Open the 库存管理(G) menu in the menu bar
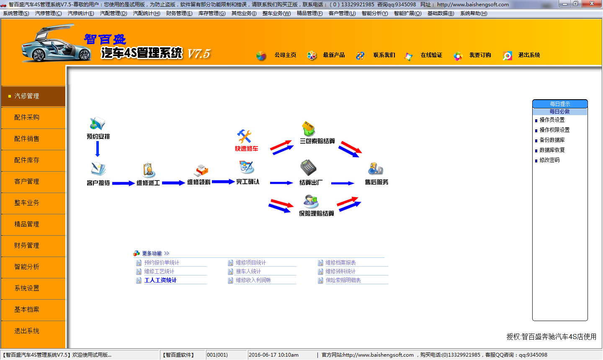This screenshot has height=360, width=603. point(212,13)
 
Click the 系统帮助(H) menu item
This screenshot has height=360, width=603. point(474,13)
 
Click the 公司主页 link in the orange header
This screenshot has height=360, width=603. point(285,55)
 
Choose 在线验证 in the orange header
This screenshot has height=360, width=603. point(431,55)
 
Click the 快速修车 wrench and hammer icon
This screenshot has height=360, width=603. point(244,136)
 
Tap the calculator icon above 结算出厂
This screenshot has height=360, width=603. point(308,167)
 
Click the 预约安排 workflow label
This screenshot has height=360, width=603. point(98,136)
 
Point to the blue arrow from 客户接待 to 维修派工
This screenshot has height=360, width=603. point(123,183)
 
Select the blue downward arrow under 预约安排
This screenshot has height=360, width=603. point(98,149)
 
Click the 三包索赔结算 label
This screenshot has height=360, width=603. point(317,141)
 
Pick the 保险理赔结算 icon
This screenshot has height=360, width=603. point(311,201)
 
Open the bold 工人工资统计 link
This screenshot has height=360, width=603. point(160,280)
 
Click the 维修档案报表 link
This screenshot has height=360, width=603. point(340,262)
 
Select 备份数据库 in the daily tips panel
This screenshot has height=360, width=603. point(552,140)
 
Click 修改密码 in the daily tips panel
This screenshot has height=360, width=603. point(549,160)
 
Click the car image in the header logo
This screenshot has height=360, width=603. point(56,43)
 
